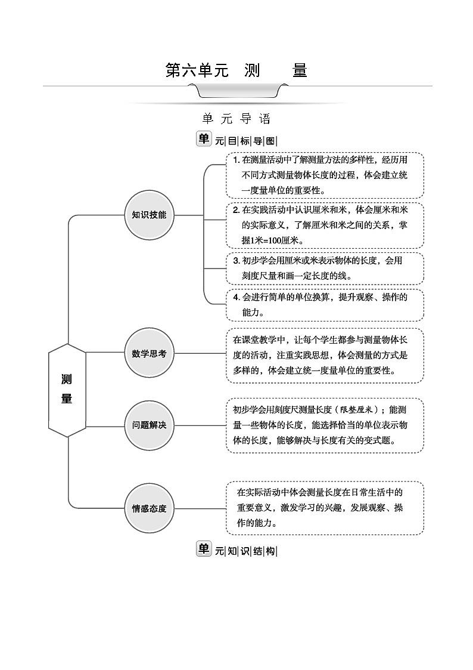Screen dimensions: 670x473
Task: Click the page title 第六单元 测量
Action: (236, 71)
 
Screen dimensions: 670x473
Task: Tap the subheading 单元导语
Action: (236, 119)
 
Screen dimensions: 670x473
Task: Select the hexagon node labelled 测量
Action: (67, 390)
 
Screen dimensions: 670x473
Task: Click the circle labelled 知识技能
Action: (149, 214)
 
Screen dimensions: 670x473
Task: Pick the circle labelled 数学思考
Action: (149, 353)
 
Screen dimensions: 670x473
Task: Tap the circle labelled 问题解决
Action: (149, 425)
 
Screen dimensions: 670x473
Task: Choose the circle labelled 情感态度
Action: (149, 509)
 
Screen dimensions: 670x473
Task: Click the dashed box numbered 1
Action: (325, 175)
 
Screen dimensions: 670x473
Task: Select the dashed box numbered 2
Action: (325, 226)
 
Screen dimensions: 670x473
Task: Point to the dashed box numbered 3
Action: (325, 268)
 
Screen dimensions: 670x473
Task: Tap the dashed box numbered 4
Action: (325, 305)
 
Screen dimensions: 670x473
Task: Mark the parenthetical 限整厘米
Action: (356, 410)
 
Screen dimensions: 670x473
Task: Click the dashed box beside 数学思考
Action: (325, 355)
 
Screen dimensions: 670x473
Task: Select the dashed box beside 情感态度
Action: (325, 508)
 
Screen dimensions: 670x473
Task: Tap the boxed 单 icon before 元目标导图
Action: (204, 139)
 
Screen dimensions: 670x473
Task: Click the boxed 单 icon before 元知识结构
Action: (204, 549)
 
